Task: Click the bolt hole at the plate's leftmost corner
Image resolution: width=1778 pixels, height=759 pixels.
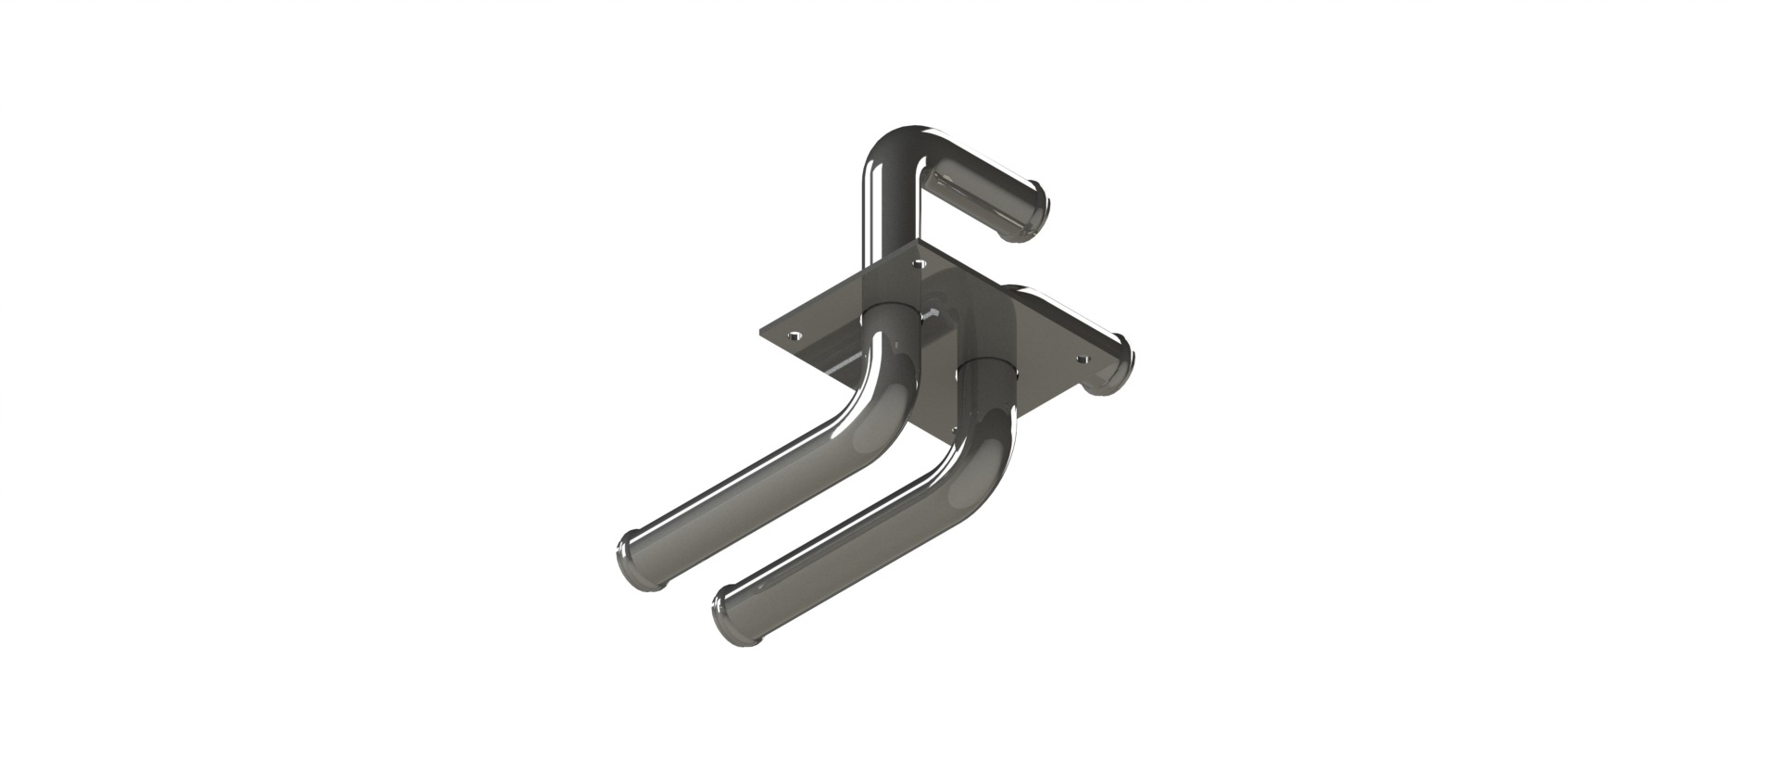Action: click(792, 335)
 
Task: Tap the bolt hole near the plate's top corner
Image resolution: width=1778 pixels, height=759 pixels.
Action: click(918, 265)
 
